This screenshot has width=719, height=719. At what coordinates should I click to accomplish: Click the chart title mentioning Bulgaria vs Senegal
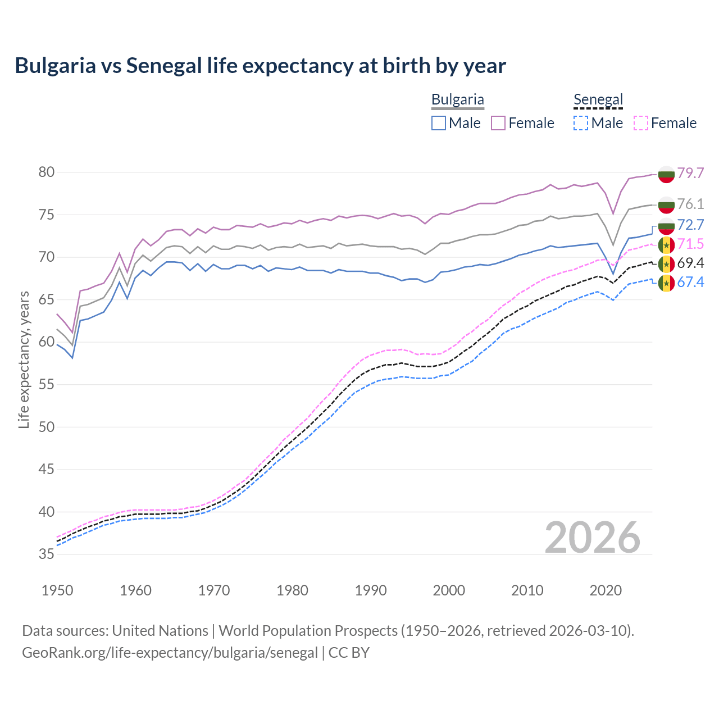(x=260, y=66)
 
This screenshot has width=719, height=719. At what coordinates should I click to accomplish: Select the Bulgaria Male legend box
(x=439, y=123)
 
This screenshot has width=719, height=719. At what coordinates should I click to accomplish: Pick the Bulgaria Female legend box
(x=498, y=123)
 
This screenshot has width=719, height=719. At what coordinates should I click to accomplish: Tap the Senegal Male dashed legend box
(x=581, y=123)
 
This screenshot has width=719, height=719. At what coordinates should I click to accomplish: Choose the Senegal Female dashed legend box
(x=640, y=123)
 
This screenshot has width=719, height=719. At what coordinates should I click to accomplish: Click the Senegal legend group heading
(x=598, y=100)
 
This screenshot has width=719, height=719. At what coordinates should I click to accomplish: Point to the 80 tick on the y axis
(x=47, y=172)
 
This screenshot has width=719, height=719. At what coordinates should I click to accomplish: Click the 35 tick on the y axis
(x=47, y=554)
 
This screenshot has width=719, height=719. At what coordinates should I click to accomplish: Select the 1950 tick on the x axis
(x=57, y=590)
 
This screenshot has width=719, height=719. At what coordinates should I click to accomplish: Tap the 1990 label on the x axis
(x=371, y=590)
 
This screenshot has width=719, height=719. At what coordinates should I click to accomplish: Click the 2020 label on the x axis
(x=606, y=590)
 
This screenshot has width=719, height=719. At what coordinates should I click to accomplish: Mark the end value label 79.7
(x=690, y=173)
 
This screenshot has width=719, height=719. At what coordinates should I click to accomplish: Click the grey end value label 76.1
(x=690, y=204)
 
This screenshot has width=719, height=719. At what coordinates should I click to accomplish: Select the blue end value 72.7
(x=690, y=225)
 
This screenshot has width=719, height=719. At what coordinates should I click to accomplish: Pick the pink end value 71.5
(x=690, y=244)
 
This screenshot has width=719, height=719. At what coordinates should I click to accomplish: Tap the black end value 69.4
(x=690, y=263)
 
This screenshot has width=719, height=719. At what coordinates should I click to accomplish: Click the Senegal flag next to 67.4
(x=666, y=283)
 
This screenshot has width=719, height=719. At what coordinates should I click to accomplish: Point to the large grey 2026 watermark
(x=593, y=538)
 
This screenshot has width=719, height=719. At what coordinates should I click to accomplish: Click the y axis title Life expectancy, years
(x=24, y=360)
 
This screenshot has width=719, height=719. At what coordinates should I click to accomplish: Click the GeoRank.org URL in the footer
(x=170, y=653)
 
